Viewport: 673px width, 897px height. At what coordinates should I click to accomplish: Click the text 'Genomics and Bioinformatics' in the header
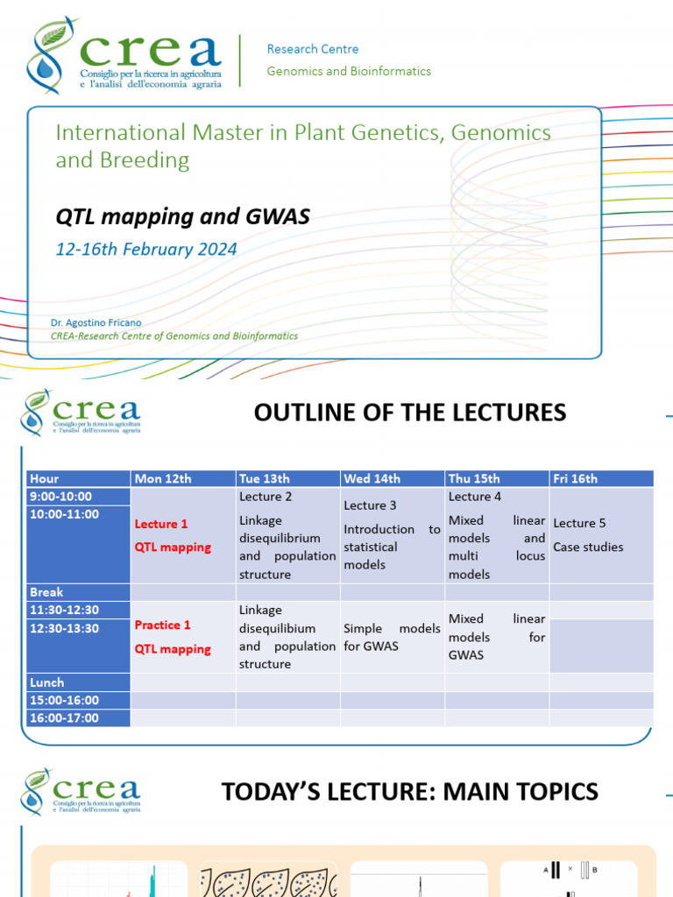(349, 71)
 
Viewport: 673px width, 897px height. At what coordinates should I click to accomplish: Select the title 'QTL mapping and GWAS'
(182, 216)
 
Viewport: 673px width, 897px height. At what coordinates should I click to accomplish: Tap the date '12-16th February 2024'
(146, 249)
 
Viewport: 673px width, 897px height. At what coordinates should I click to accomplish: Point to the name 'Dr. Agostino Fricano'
(96, 322)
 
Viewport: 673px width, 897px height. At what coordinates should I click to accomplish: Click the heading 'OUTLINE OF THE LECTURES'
(410, 413)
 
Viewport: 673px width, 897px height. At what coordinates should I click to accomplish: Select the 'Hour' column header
(45, 478)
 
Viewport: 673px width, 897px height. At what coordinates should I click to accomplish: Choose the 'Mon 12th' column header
(163, 478)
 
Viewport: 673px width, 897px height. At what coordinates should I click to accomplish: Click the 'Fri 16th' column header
(575, 478)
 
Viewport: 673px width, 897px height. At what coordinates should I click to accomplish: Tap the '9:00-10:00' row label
(60, 497)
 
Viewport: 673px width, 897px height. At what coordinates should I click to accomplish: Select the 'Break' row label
(46, 592)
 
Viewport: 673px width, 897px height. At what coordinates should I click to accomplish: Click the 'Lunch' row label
(47, 682)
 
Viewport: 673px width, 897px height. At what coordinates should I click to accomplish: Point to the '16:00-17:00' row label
(64, 718)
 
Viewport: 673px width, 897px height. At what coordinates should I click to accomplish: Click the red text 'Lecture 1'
(161, 524)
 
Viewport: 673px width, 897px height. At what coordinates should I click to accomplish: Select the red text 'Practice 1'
(162, 625)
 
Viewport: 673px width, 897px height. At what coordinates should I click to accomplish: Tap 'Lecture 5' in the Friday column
(579, 523)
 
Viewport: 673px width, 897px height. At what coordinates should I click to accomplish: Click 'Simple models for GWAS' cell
(392, 638)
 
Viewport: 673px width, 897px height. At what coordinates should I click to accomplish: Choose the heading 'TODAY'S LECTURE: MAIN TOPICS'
(410, 792)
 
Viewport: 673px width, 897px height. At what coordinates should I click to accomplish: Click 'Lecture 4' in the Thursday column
(475, 497)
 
